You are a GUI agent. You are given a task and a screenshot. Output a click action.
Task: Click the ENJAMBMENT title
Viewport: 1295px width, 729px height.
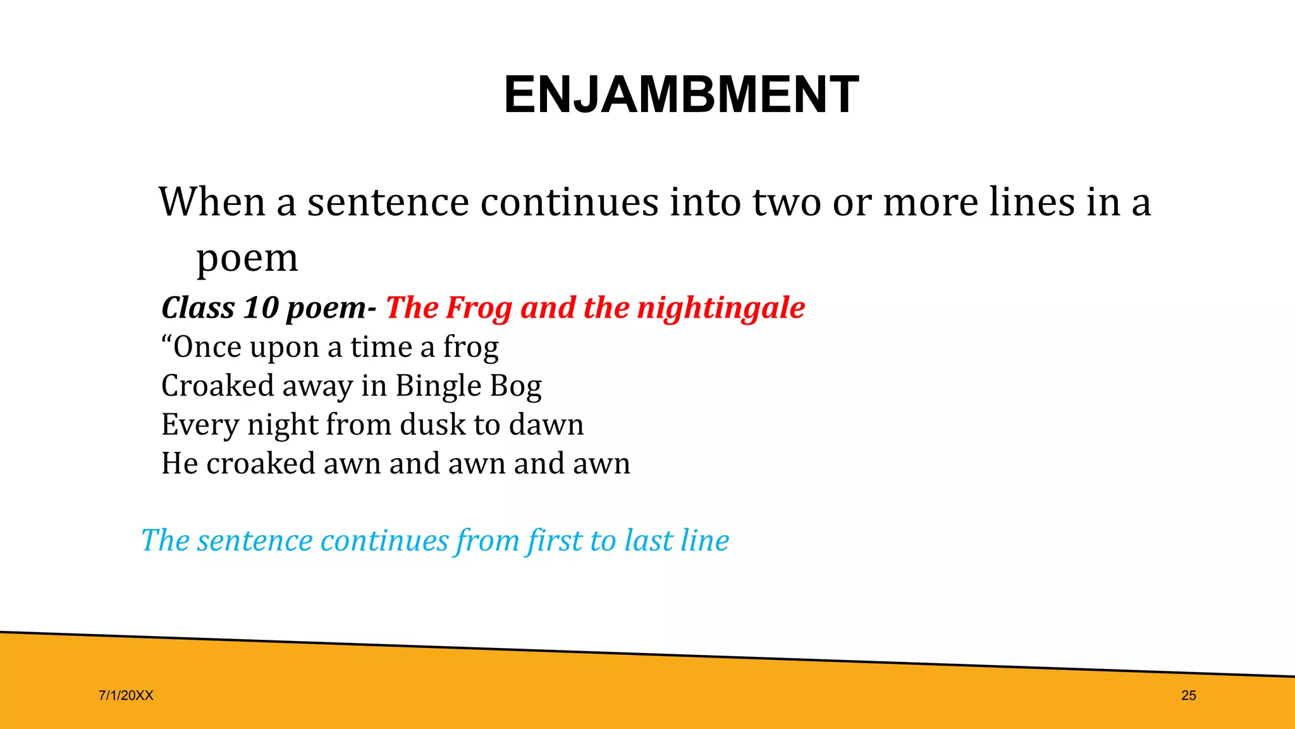click(681, 95)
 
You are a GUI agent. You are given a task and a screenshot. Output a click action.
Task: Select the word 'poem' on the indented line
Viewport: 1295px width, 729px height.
click(247, 258)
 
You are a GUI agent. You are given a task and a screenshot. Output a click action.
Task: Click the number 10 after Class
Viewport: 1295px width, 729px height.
click(261, 308)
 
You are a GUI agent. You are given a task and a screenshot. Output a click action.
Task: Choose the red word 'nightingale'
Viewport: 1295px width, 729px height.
click(721, 309)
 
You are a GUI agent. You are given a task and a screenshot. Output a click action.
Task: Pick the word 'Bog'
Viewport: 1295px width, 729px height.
click(516, 387)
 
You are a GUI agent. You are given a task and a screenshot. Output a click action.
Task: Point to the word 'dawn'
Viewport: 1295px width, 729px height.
click(546, 425)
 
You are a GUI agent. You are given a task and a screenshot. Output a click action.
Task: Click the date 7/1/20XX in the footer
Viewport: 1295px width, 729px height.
click(126, 695)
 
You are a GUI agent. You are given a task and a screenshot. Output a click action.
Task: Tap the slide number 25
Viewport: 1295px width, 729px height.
click(1188, 695)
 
